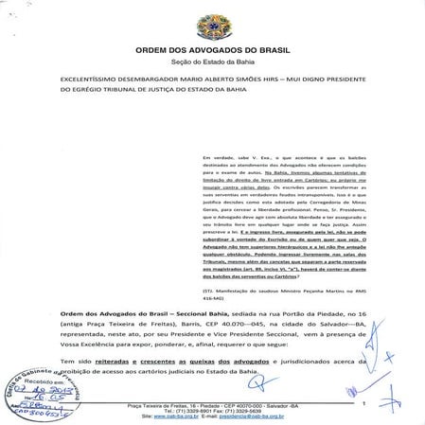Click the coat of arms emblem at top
click(x=212, y=19)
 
